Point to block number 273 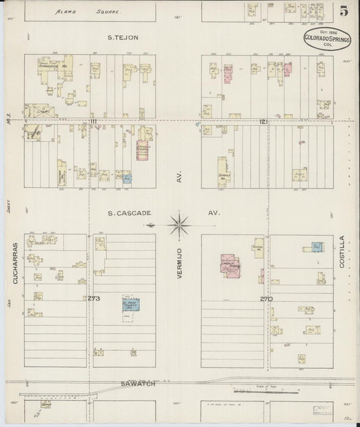(x=93, y=297)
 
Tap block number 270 (x=265, y=297)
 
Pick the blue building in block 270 (x=316, y=247)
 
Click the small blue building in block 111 (x=126, y=179)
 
